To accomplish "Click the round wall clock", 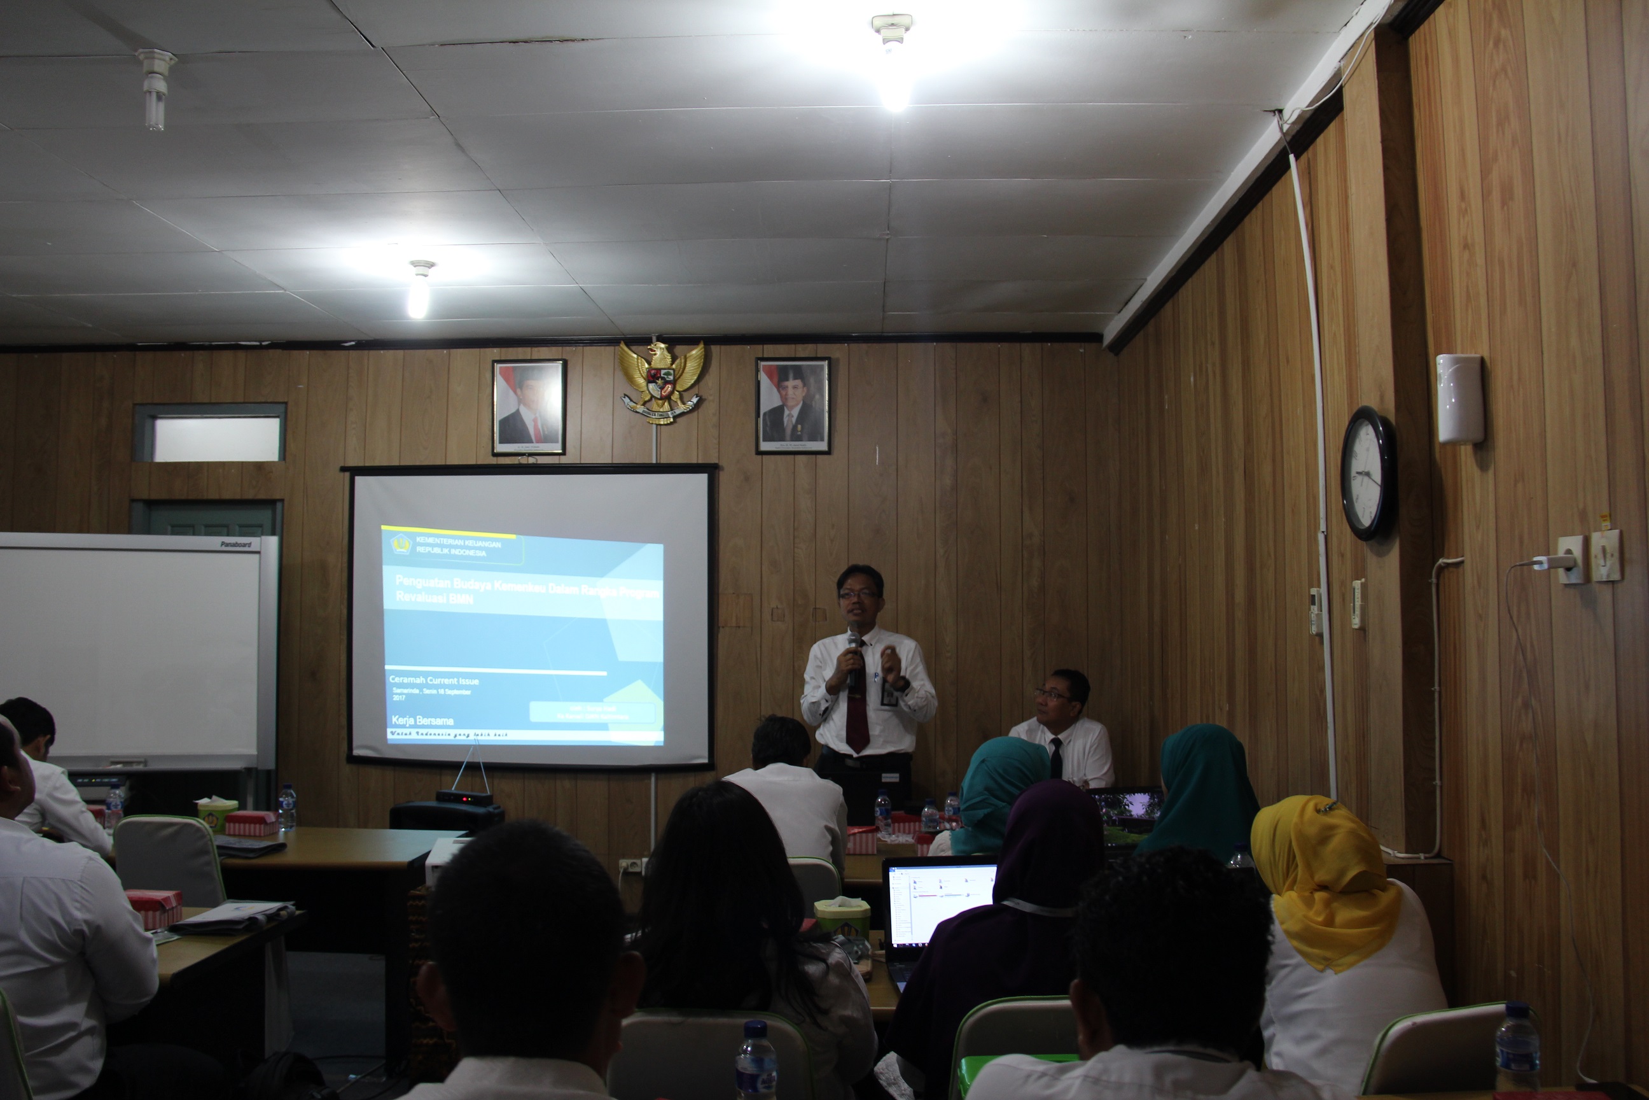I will point(1368,474).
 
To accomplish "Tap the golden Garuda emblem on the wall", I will point(660,381).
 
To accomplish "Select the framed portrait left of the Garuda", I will point(529,407).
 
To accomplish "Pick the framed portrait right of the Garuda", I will point(793,405).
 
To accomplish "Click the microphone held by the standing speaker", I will point(853,656).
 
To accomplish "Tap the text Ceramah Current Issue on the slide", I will point(435,680).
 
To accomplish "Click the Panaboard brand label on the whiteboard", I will point(235,544).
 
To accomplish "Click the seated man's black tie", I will point(1055,757).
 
